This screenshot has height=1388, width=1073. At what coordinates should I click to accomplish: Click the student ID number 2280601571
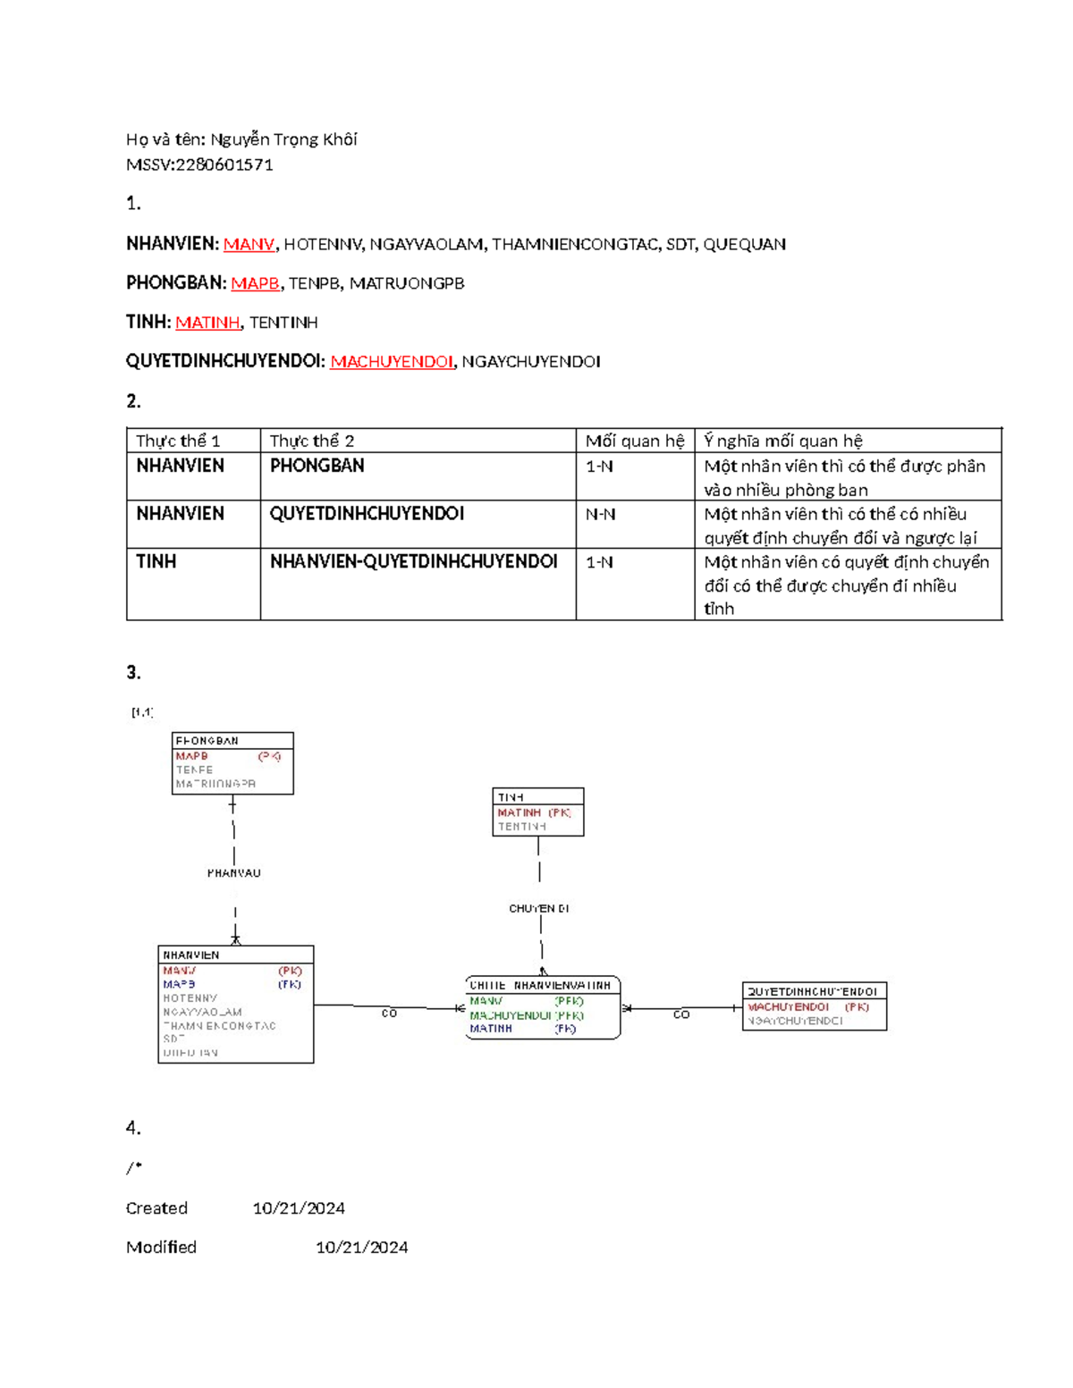click(224, 164)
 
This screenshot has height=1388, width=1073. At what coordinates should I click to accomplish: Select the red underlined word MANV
click(249, 244)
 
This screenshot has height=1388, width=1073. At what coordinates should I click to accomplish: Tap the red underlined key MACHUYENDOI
click(392, 361)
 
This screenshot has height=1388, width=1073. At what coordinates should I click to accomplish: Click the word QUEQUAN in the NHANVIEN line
click(744, 244)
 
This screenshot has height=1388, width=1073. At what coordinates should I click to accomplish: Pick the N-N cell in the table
click(600, 514)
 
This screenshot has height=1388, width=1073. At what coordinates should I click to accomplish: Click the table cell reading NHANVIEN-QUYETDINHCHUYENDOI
click(414, 561)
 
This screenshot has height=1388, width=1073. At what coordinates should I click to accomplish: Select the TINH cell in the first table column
click(156, 561)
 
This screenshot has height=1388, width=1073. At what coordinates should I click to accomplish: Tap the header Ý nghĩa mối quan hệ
click(782, 441)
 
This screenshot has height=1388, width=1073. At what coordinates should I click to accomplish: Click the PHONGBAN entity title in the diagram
click(207, 741)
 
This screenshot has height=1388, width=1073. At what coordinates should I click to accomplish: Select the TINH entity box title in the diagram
click(511, 796)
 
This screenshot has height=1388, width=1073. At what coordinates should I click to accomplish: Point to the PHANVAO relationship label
click(234, 873)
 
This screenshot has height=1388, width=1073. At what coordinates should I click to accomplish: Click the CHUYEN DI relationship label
click(539, 908)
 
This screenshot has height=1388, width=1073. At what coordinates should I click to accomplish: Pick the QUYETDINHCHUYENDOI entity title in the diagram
click(812, 991)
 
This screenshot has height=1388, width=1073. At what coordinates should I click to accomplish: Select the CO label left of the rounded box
click(389, 1014)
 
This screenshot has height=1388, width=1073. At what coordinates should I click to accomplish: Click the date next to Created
click(299, 1208)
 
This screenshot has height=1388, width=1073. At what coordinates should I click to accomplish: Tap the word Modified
click(161, 1247)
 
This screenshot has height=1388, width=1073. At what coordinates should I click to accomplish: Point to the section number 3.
click(133, 673)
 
